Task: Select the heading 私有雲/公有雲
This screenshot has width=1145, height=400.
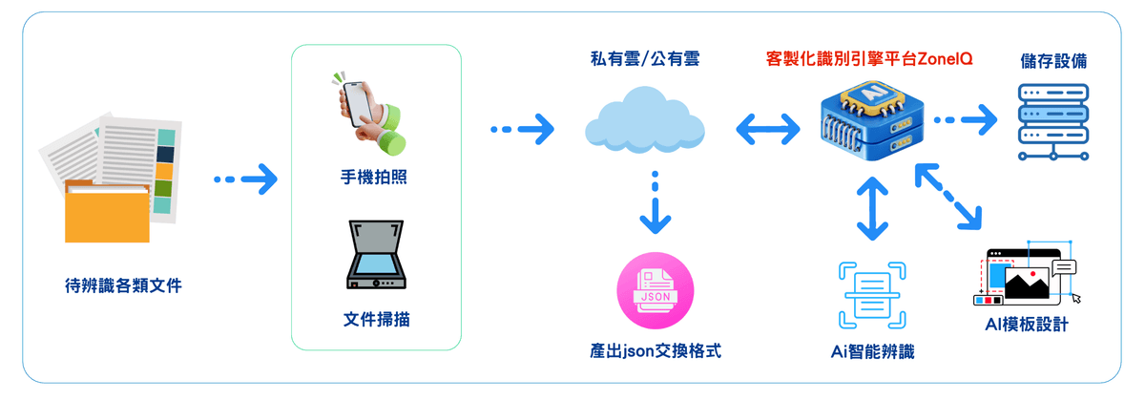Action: [x=645, y=60]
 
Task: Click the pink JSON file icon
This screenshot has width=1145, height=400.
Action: [x=656, y=290]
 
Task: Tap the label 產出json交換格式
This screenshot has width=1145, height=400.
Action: [x=656, y=350]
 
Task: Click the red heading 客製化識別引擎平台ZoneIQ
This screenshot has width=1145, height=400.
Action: [x=869, y=58]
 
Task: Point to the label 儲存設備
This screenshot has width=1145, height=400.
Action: [x=1052, y=61]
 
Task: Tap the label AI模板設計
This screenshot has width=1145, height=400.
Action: [x=1026, y=325]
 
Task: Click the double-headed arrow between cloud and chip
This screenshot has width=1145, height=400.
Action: [x=767, y=126]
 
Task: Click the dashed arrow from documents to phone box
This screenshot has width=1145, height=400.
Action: [x=245, y=178]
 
